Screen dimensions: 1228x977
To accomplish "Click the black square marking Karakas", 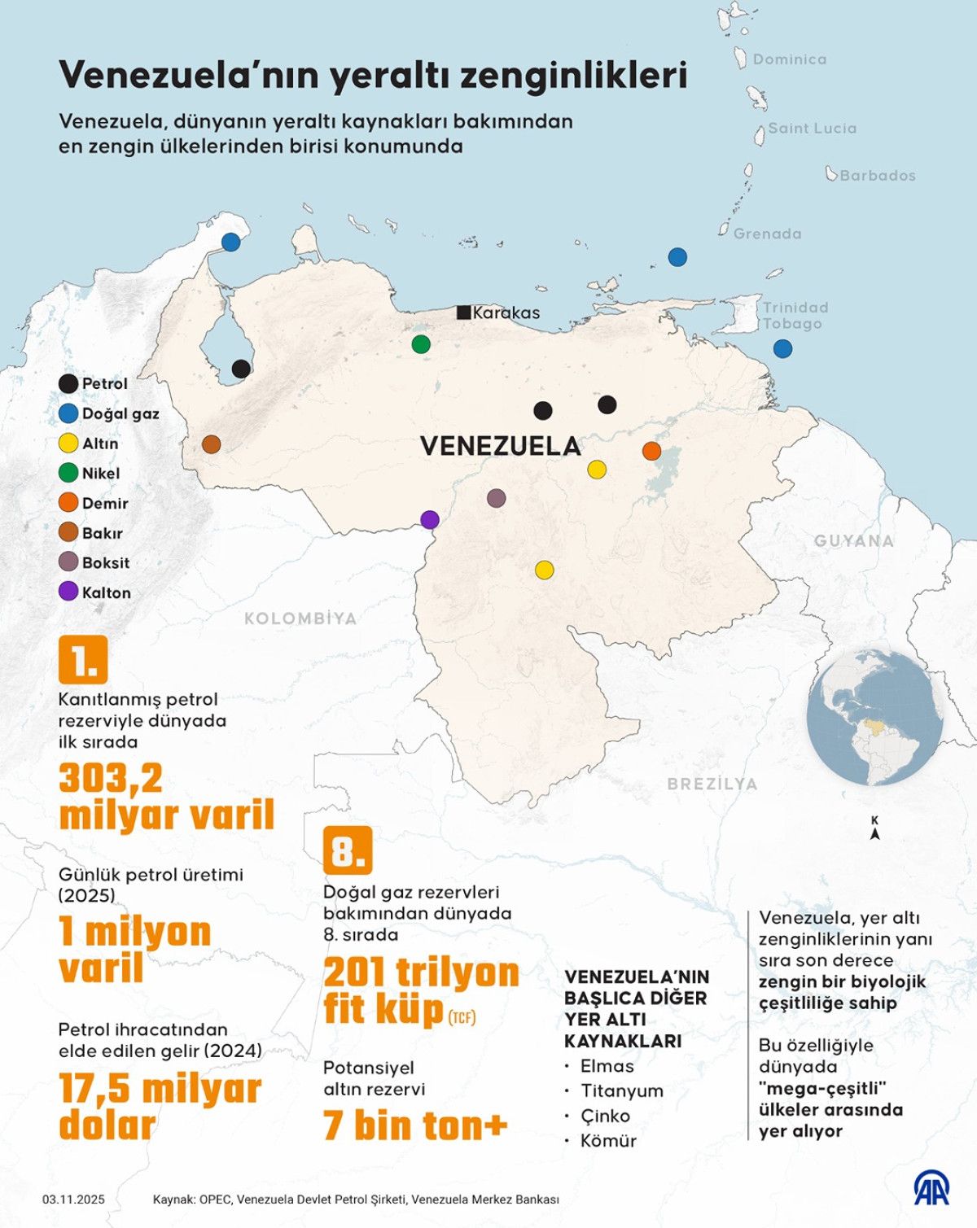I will pyautogui.click(x=463, y=312).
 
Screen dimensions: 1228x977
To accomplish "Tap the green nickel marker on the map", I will pyautogui.click(x=421, y=343).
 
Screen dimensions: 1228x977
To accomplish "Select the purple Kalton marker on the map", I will pyautogui.click(x=430, y=519).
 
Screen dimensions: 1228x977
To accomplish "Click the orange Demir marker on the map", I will pyautogui.click(x=651, y=450).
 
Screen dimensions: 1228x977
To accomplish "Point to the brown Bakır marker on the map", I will pyautogui.click(x=211, y=444).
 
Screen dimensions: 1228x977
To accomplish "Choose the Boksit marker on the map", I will pyautogui.click(x=496, y=498).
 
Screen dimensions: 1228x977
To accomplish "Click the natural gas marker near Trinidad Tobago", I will pyautogui.click(x=782, y=348).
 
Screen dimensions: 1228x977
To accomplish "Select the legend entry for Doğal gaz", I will pyautogui.click(x=109, y=413).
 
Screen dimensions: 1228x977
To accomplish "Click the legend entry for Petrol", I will pyautogui.click(x=94, y=383).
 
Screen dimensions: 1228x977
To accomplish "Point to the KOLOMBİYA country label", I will pyautogui.click(x=300, y=618).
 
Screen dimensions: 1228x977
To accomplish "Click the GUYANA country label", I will pyautogui.click(x=853, y=541).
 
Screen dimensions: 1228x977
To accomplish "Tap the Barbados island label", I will pyautogui.click(x=877, y=176).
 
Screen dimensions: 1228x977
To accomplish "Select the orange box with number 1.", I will pyautogui.click(x=83, y=660).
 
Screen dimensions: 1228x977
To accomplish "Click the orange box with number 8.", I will pyautogui.click(x=348, y=850).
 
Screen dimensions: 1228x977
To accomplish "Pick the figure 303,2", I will pyautogui.click(x=111, y=779).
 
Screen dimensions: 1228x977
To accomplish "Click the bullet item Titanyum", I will pyautogui.click(x=621, y=1090).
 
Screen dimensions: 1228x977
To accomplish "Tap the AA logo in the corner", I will pyautogui.click(x=931, y=1190).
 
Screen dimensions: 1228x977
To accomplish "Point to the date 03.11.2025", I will pyautogui.click(x=73, y=1200).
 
